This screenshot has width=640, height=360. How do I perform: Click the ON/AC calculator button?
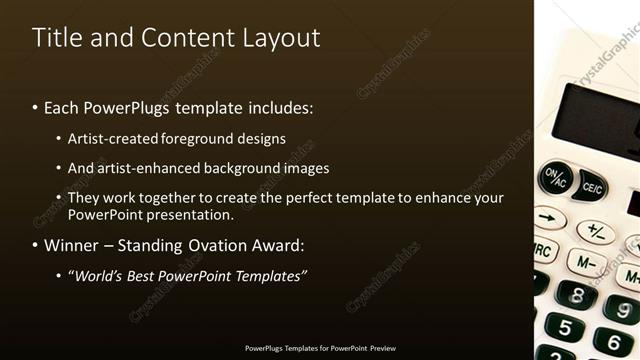click(x=555, y=179)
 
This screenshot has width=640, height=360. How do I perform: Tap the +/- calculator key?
click(x=596, y=232)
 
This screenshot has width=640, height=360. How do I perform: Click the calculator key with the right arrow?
click(x=549, y=217)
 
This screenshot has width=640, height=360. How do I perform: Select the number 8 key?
click(x=576, y=294)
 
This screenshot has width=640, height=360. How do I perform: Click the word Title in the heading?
click(x=56, y=38)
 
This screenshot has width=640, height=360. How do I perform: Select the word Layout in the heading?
click(x=281, y=38)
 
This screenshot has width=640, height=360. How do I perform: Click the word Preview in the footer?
click(x=383, y=349)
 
